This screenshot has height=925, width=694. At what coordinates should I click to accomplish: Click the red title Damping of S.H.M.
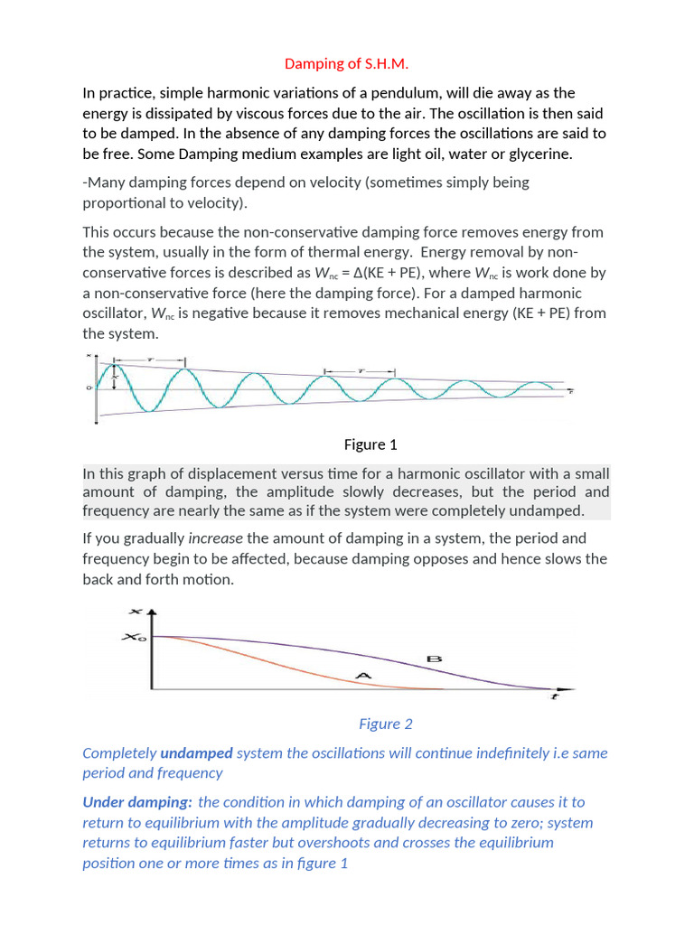[x=346, y=63]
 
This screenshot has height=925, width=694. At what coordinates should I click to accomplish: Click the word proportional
[x=122, y=201]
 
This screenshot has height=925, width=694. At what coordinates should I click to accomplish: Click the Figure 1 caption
[x=370, y=444]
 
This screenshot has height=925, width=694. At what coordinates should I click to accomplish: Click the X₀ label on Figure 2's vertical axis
[x=132, y=638]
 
